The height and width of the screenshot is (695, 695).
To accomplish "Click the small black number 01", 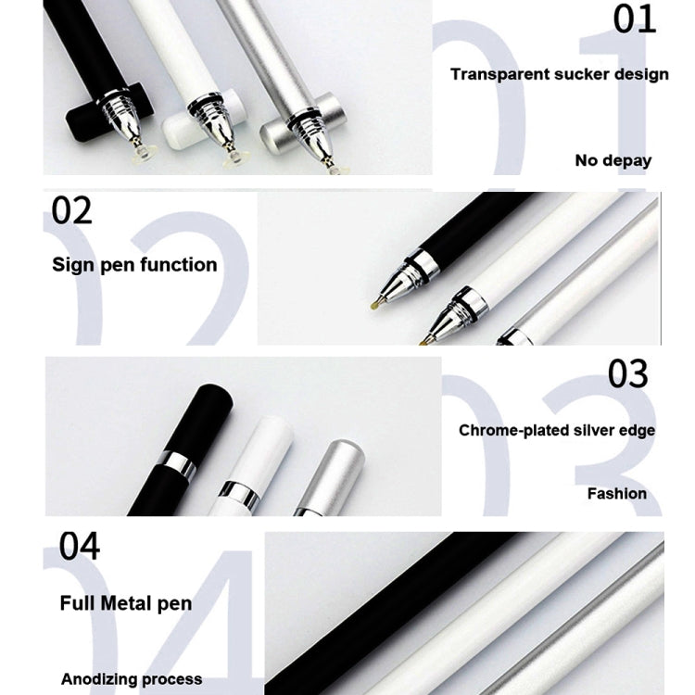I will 635,19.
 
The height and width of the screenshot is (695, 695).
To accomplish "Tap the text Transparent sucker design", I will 559,74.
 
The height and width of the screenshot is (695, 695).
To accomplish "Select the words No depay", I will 613,160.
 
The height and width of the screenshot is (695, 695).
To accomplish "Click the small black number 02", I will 72,210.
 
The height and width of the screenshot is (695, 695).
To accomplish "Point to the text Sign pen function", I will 134,265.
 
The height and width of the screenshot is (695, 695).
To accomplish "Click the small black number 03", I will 628,373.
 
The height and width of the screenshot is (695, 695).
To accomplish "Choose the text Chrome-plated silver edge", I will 557,430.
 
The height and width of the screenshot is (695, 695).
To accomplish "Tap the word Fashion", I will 616,493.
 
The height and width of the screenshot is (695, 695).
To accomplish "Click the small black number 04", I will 80,546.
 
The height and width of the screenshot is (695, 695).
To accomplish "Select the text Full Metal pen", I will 126,603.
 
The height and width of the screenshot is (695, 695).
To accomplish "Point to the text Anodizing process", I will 132,679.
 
